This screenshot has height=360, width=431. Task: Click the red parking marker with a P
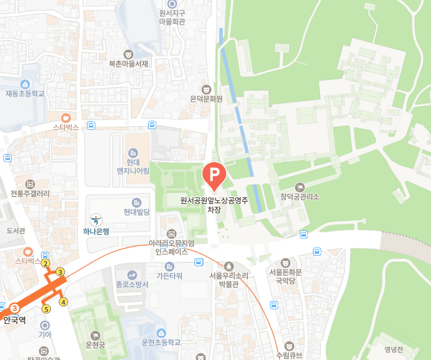(x=214, y=175)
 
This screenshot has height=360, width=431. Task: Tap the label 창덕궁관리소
(x=299, y=196)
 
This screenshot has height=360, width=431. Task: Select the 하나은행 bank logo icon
(x=96, y=220)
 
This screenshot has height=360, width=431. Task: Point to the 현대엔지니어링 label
(x=132, y=166)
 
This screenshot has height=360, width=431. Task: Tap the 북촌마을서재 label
(x=128, y=63)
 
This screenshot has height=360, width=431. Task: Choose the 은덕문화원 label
(x=206, y=99)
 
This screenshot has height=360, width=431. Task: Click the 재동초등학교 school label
(x=25, y=94)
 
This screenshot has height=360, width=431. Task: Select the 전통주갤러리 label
(x=30, y=194)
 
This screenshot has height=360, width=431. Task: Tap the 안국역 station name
(x=14, y=319)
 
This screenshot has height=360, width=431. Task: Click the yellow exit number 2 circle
(x=46, y=263)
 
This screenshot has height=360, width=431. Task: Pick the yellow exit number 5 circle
(x=46, y=309)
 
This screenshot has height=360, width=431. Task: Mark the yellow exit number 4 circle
(x=64, y=302)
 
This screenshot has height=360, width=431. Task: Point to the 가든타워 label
(x=169, y=275)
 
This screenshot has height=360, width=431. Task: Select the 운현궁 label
(x=96, y=345)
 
